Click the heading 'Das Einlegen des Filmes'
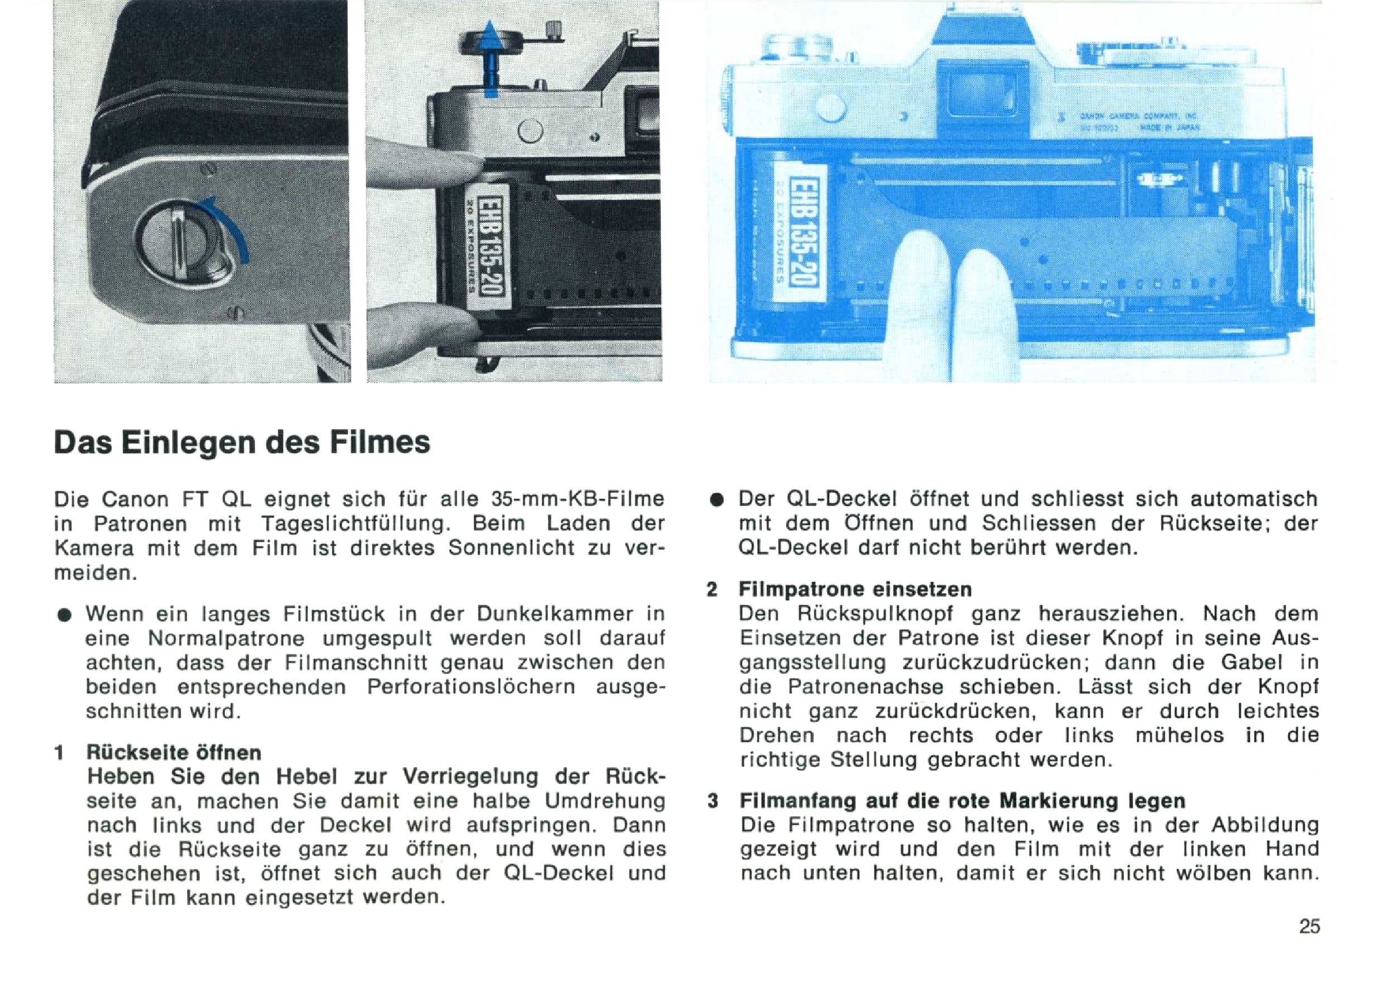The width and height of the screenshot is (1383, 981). click(x=242, y=442)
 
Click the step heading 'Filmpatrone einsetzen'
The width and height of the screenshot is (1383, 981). click(x=855, y=589)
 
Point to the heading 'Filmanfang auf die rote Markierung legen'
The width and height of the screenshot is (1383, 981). click(x=963, y=800)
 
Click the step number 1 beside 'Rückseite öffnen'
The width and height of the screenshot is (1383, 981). click(x=59, y=753)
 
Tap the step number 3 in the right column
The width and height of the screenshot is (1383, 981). click(x=713, y=801)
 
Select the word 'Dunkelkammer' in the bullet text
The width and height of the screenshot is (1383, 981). click(x=554, y=613)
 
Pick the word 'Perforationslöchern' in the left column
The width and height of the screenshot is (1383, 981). click(x=471, y=687)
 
